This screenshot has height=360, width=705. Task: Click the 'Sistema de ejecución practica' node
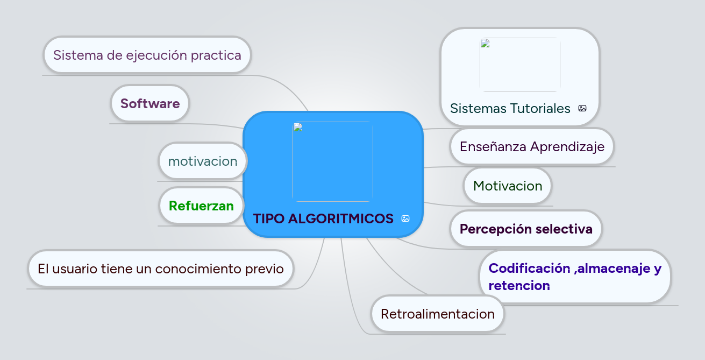click(147, 55)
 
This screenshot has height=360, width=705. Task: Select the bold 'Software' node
click(150, 103)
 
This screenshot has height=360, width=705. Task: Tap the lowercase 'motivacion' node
click(203, 161)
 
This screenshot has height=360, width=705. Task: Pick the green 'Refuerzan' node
click(201, 206)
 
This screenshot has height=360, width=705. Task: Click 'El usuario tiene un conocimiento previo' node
click(160, 268)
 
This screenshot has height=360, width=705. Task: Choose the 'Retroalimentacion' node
click(437, 314)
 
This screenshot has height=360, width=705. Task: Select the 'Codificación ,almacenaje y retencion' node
click(575, 277)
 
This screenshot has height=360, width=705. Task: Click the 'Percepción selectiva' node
click(525, 229)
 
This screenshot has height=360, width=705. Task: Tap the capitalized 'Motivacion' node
click(508, 186)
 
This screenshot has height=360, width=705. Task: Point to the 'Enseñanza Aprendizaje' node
click(532, 146)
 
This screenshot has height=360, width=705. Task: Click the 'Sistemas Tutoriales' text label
click(510, 109)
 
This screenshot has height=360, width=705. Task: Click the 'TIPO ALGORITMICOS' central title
click(323, 218)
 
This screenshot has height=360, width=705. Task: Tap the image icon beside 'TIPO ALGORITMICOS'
click(405, 218)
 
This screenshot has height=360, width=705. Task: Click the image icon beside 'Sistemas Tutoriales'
click(582, 108)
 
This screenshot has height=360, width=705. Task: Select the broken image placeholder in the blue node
click(332, 161)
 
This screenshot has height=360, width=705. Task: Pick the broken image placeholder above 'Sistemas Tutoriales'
click(519, 65)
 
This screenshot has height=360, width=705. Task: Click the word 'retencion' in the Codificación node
click(519, 285)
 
